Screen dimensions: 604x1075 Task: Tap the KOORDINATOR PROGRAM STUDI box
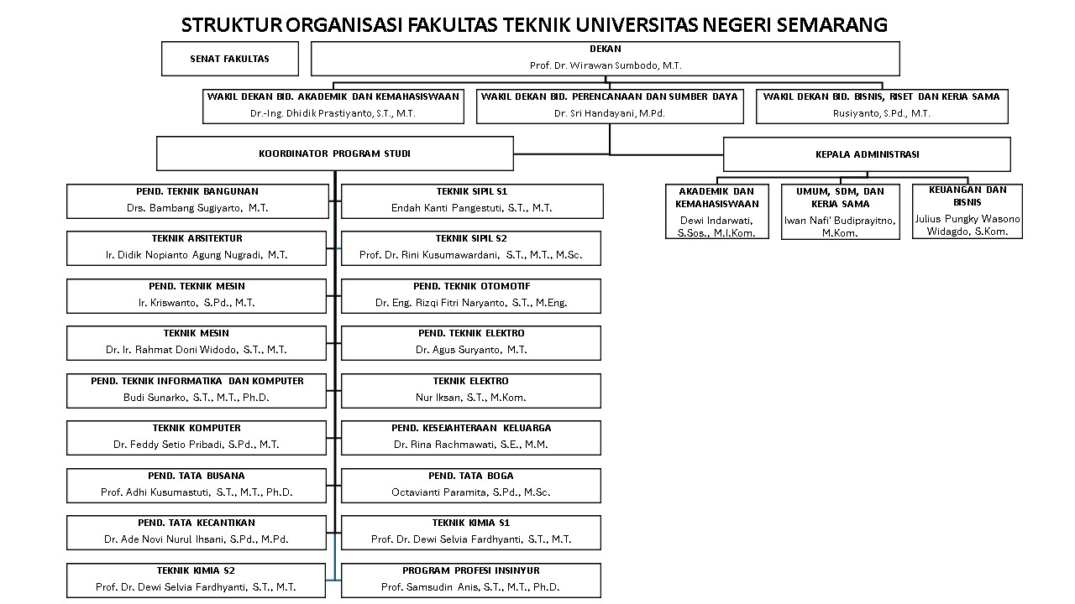(334, 154)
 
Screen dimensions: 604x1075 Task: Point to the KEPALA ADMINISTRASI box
(867, 154)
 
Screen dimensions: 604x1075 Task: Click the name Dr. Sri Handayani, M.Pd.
(609, 113)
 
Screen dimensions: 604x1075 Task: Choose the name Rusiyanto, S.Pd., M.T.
(881, 113)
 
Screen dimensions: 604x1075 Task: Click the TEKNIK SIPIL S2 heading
(471, 239)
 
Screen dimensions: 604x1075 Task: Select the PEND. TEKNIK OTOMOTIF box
(471, 295)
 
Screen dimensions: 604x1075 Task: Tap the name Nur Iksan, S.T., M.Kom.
(471, 398)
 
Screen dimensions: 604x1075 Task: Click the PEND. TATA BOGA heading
(471, 476)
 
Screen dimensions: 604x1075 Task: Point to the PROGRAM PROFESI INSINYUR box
(471, 580)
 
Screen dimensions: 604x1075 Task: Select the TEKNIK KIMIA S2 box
(196, 580)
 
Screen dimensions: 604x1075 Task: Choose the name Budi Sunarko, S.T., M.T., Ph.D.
(197, 398)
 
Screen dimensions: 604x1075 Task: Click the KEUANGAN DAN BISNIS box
(967, 211)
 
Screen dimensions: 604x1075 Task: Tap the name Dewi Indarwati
(716, 221)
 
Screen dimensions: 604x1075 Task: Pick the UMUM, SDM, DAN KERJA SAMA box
(840, 211)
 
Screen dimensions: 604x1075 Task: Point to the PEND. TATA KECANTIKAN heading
(197, 523)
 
